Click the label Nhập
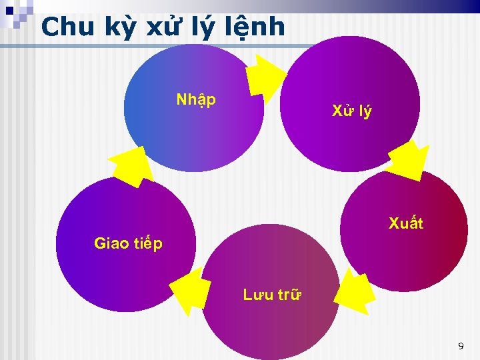point(196,100)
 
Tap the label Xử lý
point(352,111)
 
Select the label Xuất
point(406,223)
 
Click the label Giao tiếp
point(128,243)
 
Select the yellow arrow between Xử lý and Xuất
point(407,160)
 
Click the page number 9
point(460,346)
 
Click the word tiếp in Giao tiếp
point(147,244)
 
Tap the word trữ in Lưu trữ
point(288,294)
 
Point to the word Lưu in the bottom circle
point(257,294)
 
